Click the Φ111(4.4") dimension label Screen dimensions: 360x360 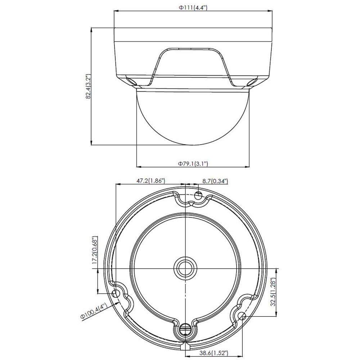click(x=193, y=8)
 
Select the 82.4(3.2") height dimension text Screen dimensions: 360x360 click(x=89, y=86)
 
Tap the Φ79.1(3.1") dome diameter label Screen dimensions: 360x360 click(x=193, y=163)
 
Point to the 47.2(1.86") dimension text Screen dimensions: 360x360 click(x=151, y=181)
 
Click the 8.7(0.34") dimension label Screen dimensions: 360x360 click(x=215, y=181)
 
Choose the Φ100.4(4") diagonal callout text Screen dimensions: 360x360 click(x=94, y=311)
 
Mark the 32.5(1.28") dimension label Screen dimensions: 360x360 click(x=273, y=292)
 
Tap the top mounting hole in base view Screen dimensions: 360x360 click(x=198, y=195)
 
